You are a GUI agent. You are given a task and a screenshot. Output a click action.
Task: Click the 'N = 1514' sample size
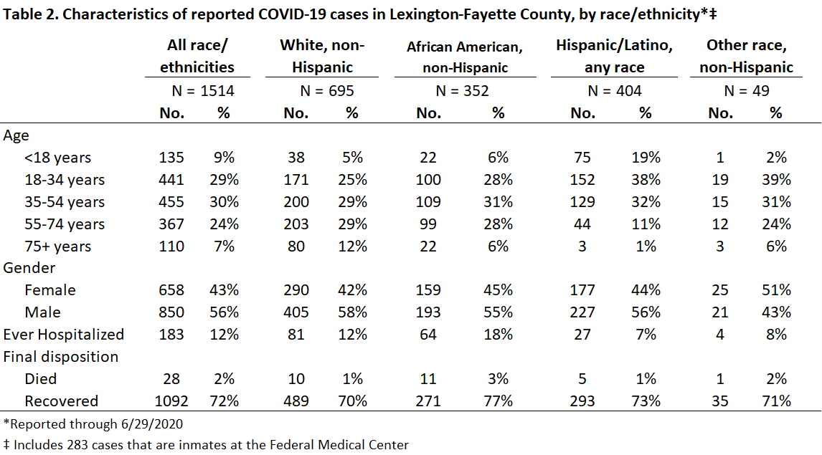point(203,90)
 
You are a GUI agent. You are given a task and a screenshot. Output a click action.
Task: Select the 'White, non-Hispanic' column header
point(322,56)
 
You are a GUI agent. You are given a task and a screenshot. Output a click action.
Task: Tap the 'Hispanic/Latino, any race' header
point(615,56)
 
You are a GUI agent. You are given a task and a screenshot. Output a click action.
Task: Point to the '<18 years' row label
point(57,158)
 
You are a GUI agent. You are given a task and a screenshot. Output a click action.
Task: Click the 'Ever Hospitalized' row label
point(63,335)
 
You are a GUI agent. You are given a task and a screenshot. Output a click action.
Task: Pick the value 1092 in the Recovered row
point(171,401)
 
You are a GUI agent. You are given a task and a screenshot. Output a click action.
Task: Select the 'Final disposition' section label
point(61,357)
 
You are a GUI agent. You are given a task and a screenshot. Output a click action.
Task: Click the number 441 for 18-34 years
point(171,180)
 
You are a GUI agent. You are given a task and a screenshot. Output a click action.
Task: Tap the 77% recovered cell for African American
point(498,401)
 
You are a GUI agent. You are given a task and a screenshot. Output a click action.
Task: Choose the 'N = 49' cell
point(747,90)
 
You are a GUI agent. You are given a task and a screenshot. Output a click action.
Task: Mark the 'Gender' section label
point(29,268)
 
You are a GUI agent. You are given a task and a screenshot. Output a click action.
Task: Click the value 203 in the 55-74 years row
point(296,224)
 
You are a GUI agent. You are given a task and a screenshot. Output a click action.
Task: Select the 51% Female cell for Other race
point(776,290)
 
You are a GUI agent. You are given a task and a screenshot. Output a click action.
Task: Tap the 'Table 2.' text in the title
point(30,14)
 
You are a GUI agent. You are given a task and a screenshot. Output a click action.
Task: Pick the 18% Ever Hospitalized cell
point(498,335)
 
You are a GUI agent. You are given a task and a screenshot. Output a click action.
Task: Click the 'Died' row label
point(40,379)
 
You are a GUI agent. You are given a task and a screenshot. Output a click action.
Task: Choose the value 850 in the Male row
point(171,312)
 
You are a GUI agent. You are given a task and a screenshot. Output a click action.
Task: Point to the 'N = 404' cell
point(615,90)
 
